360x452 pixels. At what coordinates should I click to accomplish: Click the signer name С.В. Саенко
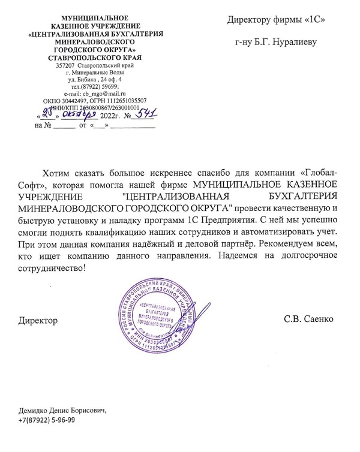pyautogui.click(x=308, y=321)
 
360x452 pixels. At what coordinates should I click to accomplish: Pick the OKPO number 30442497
pyautogui.click(x=74, y=101)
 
